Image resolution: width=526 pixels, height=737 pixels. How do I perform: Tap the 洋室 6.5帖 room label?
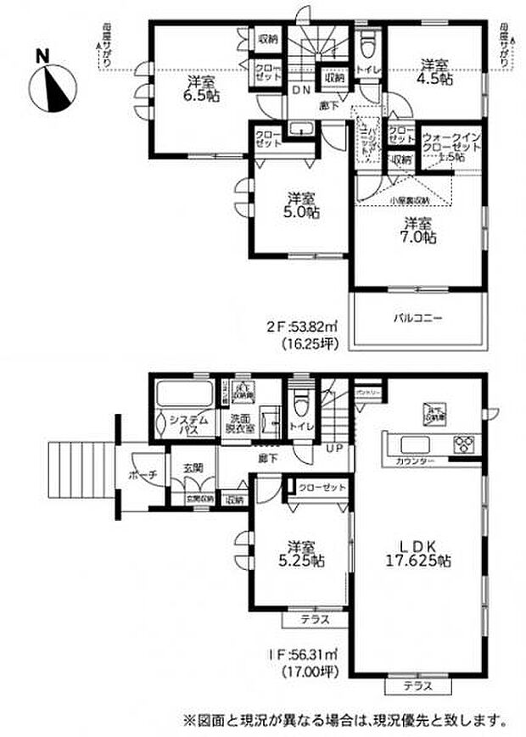click(x=201, y=88)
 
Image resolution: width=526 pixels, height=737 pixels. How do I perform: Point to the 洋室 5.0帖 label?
click(x=298, y=205)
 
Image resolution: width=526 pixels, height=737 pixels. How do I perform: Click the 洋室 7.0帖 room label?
click(x=419, y=231)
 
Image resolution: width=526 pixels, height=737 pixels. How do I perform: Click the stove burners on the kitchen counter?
click(x=465, y=444)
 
